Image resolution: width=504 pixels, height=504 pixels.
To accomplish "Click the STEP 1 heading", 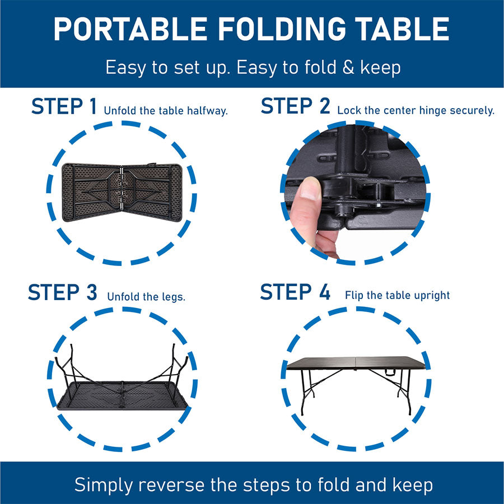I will click(64, 106).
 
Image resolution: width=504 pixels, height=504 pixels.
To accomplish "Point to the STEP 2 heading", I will click(295, 106).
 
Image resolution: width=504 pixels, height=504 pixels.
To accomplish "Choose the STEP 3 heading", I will click(62, 292).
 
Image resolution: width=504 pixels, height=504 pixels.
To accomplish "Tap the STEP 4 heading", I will click(295, 292).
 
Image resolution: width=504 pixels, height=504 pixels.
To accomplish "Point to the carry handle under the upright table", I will click(389, 373).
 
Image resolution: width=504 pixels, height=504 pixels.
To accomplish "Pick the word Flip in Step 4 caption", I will click(354, 295).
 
